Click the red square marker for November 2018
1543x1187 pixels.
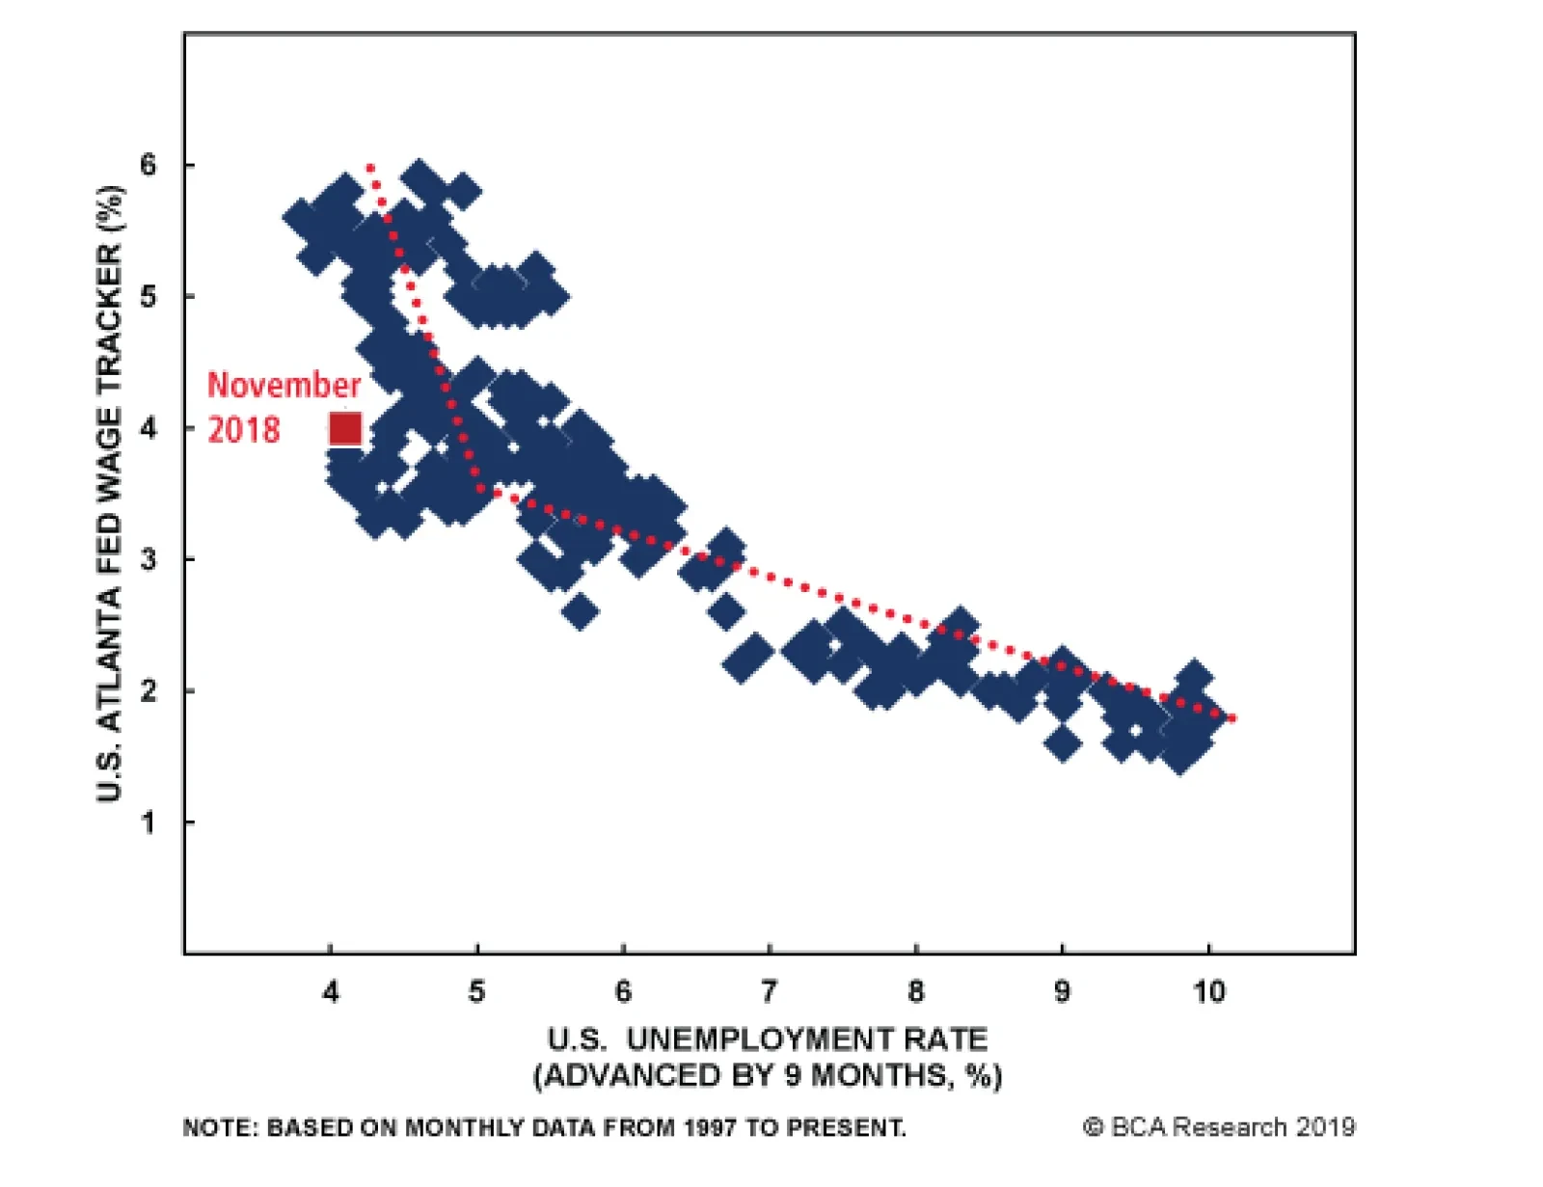click(345, 428)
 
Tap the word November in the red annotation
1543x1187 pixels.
click(284, 385)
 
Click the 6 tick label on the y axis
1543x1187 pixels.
click(148, 165)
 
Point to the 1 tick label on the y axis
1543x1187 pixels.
click(148, 823)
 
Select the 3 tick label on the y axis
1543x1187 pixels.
click(148, 559)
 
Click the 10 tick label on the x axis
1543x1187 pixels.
click(1208, 991)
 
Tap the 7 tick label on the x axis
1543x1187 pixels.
click(769, 991)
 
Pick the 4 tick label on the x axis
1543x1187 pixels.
click(331, 991)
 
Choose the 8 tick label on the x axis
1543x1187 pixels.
click(915, 991)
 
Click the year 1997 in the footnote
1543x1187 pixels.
click(711, 1127)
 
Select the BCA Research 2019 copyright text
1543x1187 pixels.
click(1219, 1126)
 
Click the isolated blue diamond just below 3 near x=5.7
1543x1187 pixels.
click(580, 610)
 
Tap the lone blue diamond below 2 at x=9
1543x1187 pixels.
click(1062, 743)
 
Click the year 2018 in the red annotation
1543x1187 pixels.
click(244, 429)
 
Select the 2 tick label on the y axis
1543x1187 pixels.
click(148, 691)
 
